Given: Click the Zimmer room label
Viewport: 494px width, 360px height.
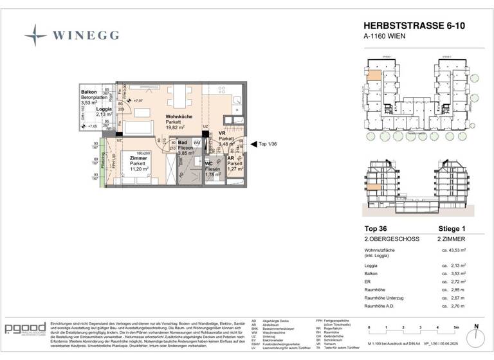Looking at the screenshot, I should pos(138,157).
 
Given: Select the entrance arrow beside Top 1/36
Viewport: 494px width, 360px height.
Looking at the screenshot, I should pos(253,145).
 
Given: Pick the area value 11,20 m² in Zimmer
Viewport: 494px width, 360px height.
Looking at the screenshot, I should pos(138,170).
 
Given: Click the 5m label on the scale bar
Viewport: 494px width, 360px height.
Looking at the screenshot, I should pos(455,327).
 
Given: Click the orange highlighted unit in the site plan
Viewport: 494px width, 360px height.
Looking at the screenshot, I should pos(374,72).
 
